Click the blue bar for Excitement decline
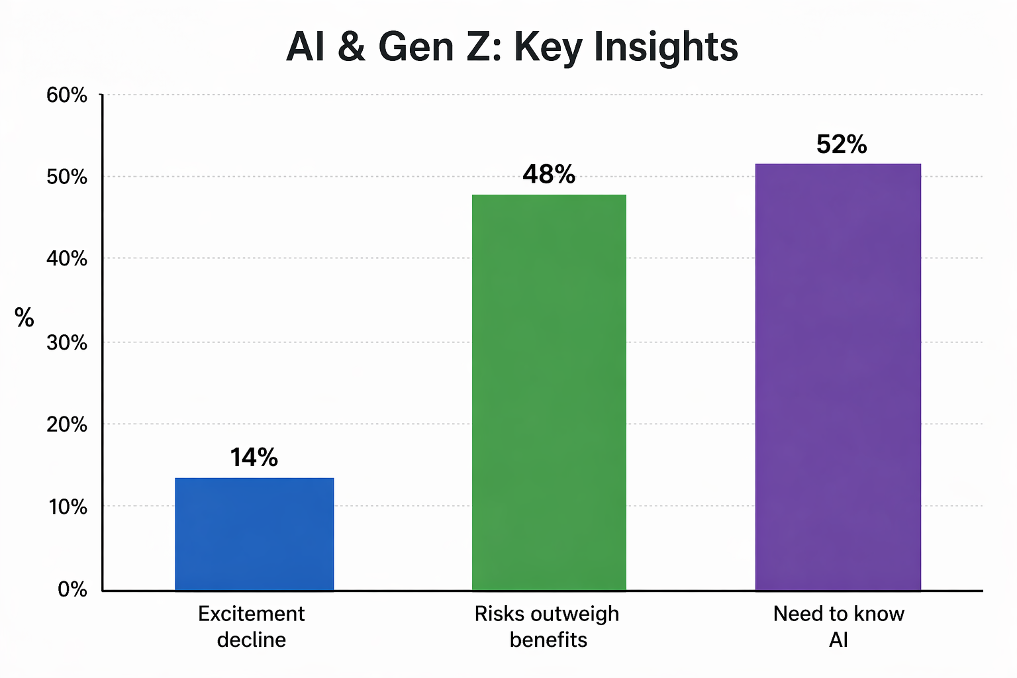(x=254, y=534)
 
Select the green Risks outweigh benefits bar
(x=549, y=392)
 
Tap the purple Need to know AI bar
(x=838, y=377)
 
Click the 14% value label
(x=254, y=458)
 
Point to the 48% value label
(x=549, y=174)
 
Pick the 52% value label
(x=842, y=144)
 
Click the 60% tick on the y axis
(x=67, y=95)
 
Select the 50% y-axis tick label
(x=67, y=177)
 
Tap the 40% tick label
(x=67, y=259)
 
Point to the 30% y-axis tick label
(x=67, y=342)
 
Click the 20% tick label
(x=67, y=424)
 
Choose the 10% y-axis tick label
(x=67, y=507)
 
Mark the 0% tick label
(x=72, y=589)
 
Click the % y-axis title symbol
(x=24, y=318)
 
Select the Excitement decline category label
(x=252, y=626)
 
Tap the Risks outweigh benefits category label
(x=548, y=626)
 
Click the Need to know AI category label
(x=838, y=626)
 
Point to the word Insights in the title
(x=665, y=48)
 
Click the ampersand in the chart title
(x=351, y=48)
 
